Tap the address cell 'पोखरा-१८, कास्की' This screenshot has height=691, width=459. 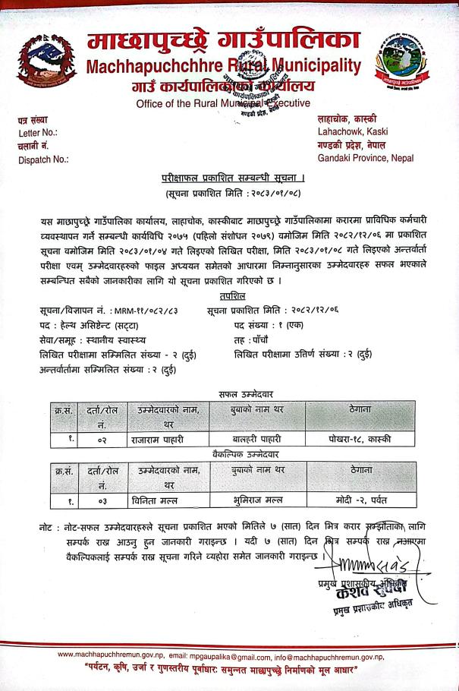366,438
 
